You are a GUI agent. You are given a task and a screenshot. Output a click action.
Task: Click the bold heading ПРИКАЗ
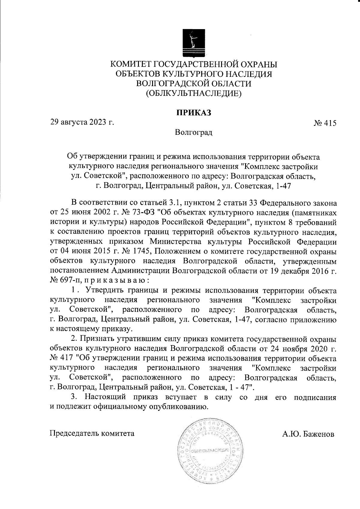193,113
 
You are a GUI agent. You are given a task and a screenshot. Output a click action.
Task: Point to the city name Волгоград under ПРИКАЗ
193,132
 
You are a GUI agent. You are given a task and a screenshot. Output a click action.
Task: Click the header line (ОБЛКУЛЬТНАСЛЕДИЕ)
193,94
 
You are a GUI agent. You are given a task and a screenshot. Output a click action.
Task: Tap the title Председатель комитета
92,433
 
